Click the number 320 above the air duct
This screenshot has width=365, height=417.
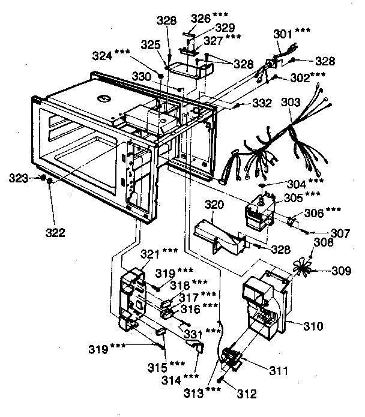point(214,205)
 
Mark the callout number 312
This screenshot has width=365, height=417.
point(247,394)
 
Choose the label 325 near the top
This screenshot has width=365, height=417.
point(151,46)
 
